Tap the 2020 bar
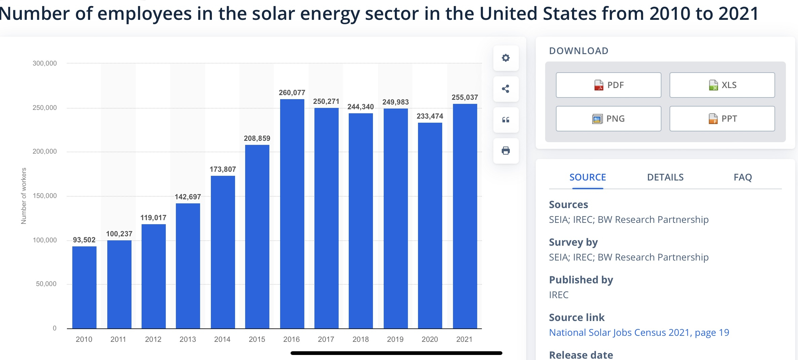click(430, 226)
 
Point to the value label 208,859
click(257, 138)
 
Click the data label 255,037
click(464, 97)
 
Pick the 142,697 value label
click(188, 197)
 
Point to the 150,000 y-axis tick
click(45, 196)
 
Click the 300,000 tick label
click(45, 63)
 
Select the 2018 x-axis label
click(360, 339)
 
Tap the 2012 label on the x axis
click(153, 339)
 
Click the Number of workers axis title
click(24, 196)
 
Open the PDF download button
click(608, 85)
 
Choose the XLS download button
click(722, 85)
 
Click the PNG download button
click(608, 119)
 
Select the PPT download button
click(722, 119)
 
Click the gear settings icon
click(506, 58)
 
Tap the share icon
click(506, 89)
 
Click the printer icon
click(506, 151)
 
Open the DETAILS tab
click(665, 177)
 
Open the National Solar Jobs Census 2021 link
click(639, 332)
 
